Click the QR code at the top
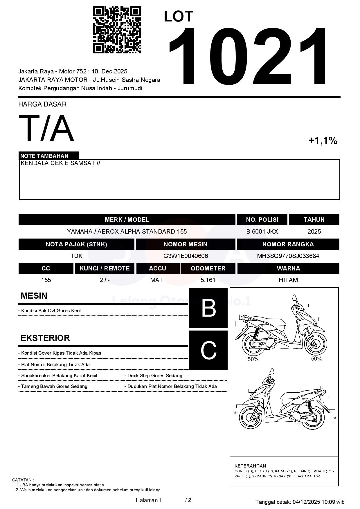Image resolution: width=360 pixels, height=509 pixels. [x=117, y=30]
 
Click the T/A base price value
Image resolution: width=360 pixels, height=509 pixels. [x=46, y=128]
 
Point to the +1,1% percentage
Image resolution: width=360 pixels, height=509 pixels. [x=323, y=141]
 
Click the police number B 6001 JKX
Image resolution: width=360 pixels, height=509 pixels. [x=262, y=232]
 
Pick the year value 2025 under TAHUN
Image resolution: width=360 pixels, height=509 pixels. [x=314, y=232]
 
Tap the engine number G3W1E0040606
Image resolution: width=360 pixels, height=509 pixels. [x=186, y=256]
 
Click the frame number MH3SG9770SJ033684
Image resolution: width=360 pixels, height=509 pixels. [x=288, y=256]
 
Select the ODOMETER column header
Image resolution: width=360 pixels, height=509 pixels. [x=208, y=268]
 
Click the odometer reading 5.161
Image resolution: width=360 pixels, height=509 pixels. [x=208, y=280]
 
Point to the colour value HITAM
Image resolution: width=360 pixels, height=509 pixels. [x=288, y=280]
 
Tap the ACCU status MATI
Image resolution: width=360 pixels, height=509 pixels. [x=157, y=280]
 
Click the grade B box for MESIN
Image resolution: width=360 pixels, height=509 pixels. [x=208, y=308]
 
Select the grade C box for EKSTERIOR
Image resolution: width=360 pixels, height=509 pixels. [x=208, y=350]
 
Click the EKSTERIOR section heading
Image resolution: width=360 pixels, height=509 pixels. [x=45, y=338]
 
